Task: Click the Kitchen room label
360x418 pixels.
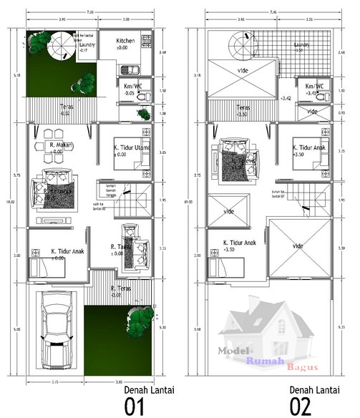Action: [x=126, y=42]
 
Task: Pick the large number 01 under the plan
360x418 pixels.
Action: [x=135, y=407]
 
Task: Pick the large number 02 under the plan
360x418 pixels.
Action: [x=301, y=407]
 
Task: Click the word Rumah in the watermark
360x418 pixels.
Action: [x=262, y=361]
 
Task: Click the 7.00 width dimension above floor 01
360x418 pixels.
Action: [x=89, y=13]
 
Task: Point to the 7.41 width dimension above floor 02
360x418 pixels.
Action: [x=268, y=13]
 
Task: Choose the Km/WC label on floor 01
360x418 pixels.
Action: [x=130, y=87]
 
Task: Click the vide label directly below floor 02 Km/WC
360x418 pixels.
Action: [x=312, y=112]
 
